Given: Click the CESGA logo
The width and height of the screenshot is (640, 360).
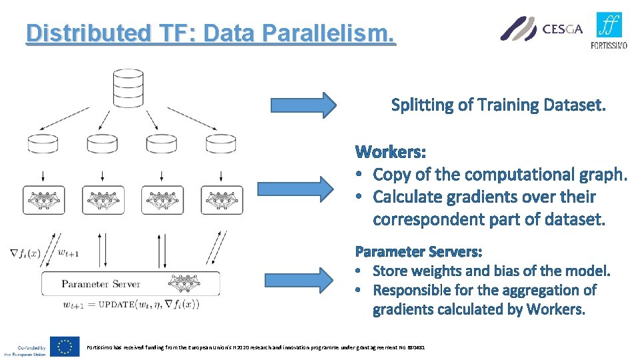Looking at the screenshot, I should (541, 29).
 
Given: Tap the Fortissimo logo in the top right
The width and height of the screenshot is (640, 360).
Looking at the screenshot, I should (609, 30).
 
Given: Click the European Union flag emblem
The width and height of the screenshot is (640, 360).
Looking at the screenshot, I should (65, 346).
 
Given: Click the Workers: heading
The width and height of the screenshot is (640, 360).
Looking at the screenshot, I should (391, 152).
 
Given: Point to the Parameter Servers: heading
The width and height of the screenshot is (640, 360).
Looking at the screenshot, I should (419, 251).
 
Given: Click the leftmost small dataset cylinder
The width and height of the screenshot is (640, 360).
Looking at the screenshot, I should (43, 144).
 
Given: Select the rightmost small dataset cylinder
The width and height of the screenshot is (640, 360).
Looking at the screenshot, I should (220, 144).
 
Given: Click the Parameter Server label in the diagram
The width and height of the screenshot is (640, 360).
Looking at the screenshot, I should (101, 284).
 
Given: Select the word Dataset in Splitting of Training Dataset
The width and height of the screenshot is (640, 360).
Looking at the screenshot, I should (575, 105).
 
